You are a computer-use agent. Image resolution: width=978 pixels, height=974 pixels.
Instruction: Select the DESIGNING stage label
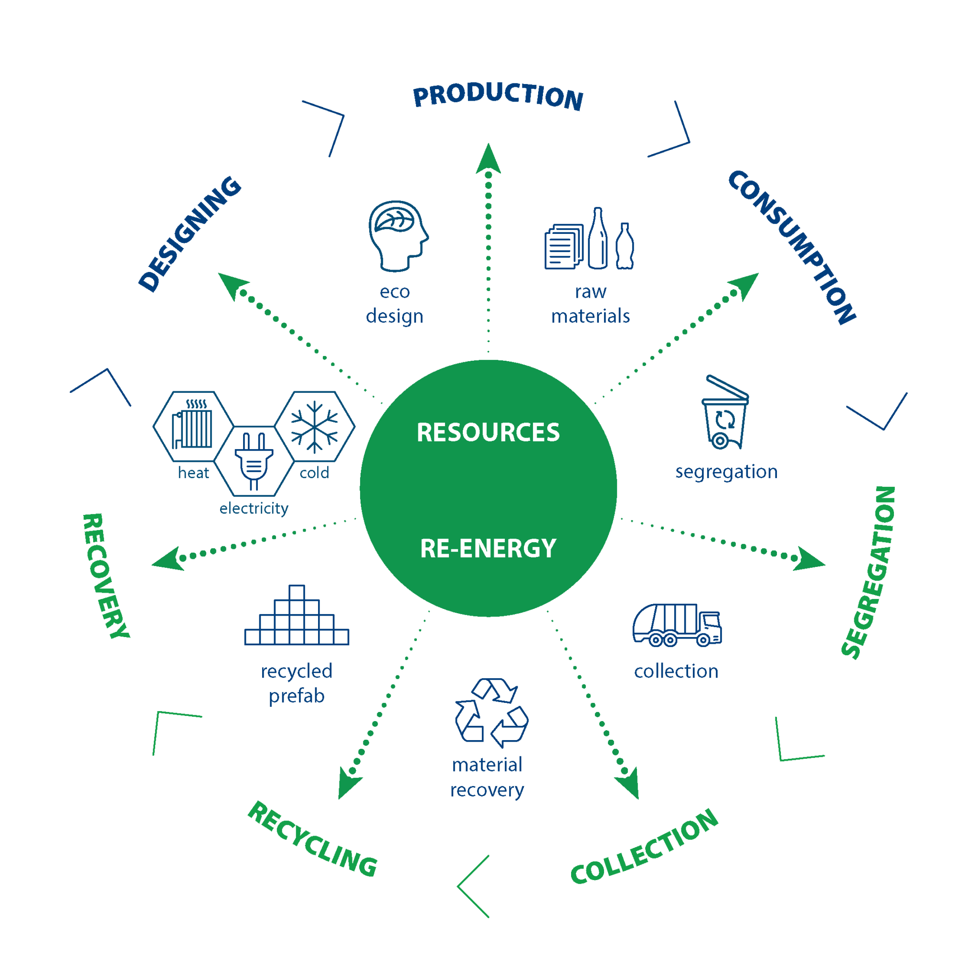pos(190,234)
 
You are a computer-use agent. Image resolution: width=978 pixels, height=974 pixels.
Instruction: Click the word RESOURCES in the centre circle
pos(488,433)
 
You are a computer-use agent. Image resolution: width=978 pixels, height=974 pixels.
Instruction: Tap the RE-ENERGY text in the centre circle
pos(488,548)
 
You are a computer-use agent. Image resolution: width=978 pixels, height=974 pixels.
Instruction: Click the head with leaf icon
pos(398,236)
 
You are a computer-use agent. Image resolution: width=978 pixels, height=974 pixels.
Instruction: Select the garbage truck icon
pos(676,625)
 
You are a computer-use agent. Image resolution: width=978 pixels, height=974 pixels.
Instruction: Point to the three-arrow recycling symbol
pos(491,712)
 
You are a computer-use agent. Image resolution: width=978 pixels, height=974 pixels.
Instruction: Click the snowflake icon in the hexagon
pos(314,427)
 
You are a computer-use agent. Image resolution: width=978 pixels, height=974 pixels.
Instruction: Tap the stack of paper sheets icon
pos(563,247)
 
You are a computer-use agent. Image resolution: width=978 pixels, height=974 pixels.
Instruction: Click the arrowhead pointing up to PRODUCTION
pos(488,159)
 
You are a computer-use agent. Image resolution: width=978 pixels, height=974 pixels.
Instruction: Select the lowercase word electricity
pos(254,509)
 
